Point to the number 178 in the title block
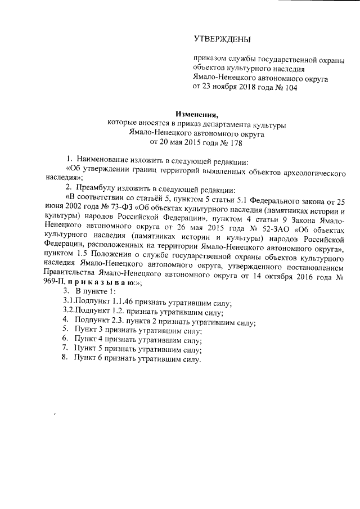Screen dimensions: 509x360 pos(221,143)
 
